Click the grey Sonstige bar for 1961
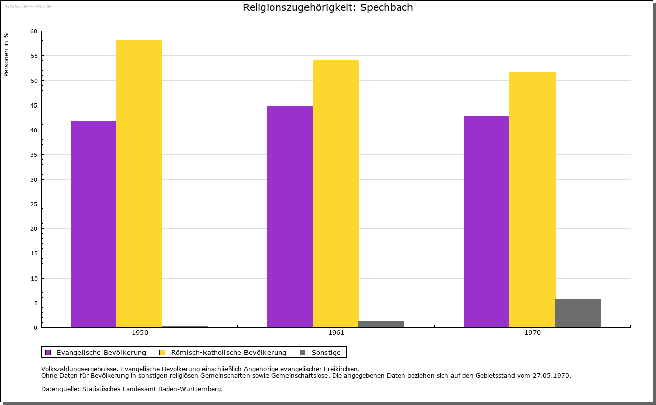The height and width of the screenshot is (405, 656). click(381, 324)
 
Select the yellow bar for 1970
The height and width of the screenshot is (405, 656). click(532, 200)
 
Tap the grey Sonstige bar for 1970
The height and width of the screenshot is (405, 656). click(578, 313)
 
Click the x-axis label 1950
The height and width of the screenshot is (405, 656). click(140, 333)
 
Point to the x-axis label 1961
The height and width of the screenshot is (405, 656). click(336, 333)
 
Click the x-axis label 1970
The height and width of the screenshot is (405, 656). click(532, 333)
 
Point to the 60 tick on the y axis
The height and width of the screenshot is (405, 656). click(34, 31)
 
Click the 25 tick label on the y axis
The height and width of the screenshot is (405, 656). click(34, 204)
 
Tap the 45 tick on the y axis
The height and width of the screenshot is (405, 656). click(34, 105)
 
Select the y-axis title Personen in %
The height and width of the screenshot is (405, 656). click(6, 54)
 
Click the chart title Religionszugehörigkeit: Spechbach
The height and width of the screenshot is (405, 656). click(328, 7)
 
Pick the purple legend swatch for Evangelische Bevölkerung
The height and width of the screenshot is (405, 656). click(48, 352)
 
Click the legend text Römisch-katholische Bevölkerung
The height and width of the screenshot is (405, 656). click(229, 352)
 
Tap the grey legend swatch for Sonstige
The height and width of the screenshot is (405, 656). click(302, 352)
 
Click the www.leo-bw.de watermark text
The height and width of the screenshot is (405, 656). click(28, 6)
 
